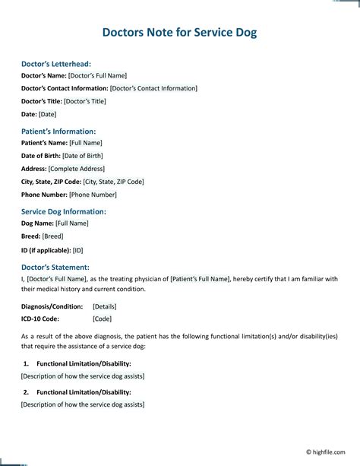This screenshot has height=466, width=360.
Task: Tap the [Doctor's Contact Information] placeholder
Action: tap(143, 88)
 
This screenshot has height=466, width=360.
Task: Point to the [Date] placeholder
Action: tap(48, 114)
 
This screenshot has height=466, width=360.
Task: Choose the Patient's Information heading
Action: tap(58, 131)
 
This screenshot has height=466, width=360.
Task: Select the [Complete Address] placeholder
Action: tap(77, 169)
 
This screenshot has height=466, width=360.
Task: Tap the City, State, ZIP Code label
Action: tap(51, 182)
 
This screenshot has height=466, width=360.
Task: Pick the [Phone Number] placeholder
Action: tap(94, 195)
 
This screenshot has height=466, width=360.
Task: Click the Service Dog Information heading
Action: tap(63, 211)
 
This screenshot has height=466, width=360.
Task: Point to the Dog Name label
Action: tap(37, 223)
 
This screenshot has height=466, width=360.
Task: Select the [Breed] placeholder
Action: tap(52, 236)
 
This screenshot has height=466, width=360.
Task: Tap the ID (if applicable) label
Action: tap(46, 249)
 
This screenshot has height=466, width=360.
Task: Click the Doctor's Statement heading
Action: tap(55, 267)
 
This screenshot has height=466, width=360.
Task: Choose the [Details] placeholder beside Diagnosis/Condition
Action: tap(105, 306)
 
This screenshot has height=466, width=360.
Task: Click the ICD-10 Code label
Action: tap(39, 319)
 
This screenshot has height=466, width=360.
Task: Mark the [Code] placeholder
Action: tap(103, 319)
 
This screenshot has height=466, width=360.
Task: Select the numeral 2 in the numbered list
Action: tap(26, 392)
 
